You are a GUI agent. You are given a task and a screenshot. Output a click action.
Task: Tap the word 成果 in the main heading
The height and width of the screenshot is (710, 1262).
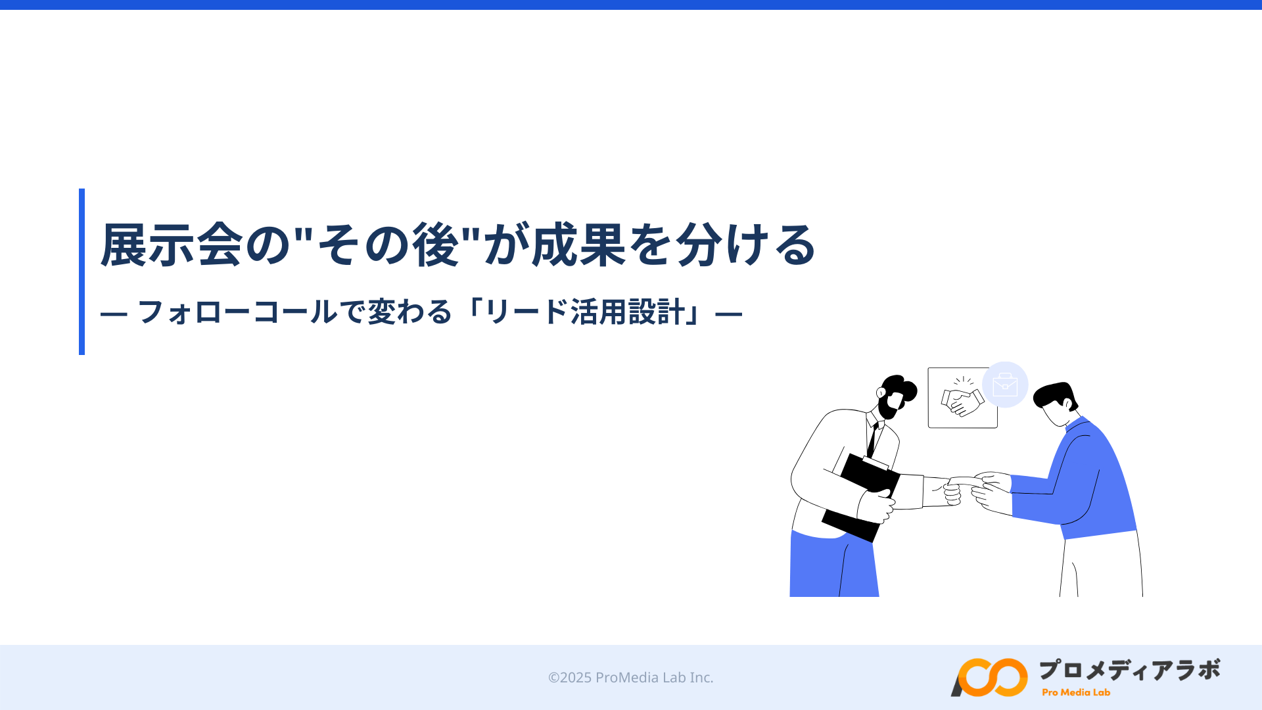click(578, 245)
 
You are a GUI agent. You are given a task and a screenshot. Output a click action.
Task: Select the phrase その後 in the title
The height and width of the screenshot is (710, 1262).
click(388, 245)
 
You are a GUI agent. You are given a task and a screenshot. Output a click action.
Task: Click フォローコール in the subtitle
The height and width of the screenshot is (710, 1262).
click(237, 312)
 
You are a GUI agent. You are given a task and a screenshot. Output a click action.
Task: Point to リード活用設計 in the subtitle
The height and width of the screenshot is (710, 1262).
click(584, 312)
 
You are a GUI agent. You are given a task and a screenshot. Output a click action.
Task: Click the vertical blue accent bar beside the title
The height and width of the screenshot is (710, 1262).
click(82, 272)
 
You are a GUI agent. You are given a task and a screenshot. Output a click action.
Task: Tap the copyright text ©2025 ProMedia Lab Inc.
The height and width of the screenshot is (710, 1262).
click(631, 677)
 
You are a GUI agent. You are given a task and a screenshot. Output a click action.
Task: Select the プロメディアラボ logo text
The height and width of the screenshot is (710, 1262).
click(1129, 670)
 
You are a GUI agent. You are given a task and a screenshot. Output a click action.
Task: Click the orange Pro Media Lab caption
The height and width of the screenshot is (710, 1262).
click(1076, 692)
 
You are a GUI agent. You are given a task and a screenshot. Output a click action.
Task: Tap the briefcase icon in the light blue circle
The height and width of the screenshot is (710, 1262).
click(1005, 385)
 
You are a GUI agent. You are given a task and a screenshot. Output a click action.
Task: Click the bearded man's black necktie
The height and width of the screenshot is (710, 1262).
click(873, 439)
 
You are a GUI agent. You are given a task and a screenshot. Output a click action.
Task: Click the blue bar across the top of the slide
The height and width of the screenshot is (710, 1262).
click(631, 5)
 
